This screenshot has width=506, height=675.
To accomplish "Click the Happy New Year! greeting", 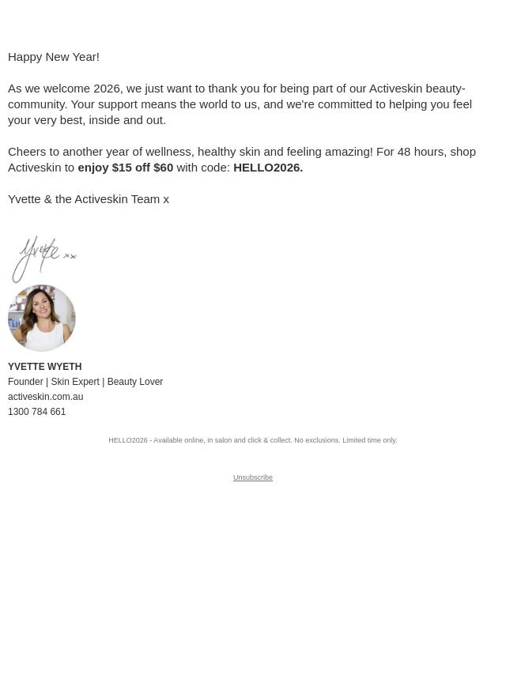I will click(x=54, y=57).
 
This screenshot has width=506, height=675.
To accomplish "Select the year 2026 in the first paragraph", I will click(x=107, y=89).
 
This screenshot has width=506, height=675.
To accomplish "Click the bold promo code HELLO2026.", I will click(x=267, y=168).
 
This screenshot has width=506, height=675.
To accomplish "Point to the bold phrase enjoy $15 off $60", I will click(x=125, y=168).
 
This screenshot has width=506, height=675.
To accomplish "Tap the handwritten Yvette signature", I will click(x=43, y=258).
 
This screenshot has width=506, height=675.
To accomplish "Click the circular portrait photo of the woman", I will click(x=42, y=318).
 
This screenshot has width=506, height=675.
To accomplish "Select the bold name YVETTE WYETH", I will click(x=44, y=367).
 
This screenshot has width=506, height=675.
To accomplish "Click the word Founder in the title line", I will click(x=25, y=382).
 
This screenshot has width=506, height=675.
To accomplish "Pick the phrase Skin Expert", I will click(x=75, y=382).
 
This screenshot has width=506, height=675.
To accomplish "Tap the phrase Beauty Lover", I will click(x=134, y=382).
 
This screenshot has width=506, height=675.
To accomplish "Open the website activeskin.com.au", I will click(x=45, y=397).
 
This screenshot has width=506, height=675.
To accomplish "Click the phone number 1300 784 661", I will click(x=36, y=412).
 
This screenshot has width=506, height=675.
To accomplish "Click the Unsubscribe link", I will click(x=253, y=477).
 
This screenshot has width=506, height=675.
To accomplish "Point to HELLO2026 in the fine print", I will click(x=128, y=440).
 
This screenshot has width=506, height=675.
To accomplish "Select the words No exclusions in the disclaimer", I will click(x=316, y=440).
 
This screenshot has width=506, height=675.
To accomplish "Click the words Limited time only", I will click(x=369, y=440).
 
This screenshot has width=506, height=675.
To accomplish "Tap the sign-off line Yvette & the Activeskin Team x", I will click(x=89, y=199).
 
